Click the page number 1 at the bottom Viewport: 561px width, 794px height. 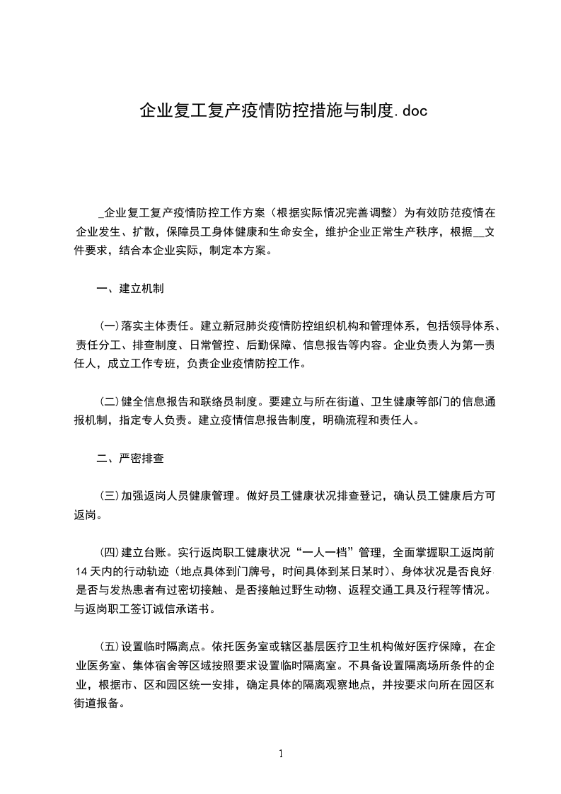pos(281,754)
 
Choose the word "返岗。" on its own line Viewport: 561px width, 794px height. pos(91,515)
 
